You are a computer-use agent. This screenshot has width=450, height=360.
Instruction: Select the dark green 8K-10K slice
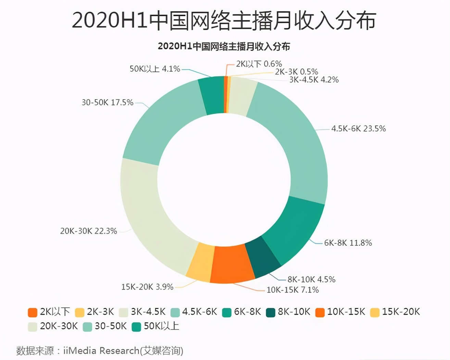click(x=263, y=257)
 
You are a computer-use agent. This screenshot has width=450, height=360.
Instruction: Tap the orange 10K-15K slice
click(x=232, y=264)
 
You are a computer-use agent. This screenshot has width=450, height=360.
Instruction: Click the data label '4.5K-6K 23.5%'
click(x=358, y=129)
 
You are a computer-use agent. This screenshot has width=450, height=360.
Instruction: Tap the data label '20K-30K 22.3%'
click(x=89, y=231)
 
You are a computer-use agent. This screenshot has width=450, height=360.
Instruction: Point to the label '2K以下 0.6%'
click(x=259, y=64)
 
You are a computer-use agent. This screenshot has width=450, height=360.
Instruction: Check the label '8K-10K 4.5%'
click(x=311, y=279)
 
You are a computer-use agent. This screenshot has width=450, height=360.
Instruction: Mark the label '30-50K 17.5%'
click(x=107, y=102)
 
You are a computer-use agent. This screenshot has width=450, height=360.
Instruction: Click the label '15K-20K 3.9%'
click(x=147, y=287)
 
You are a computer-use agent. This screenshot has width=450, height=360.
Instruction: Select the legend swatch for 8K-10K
click(x=271, y=312)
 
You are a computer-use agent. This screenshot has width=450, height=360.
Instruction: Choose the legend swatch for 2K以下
click(x=33, y=312)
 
